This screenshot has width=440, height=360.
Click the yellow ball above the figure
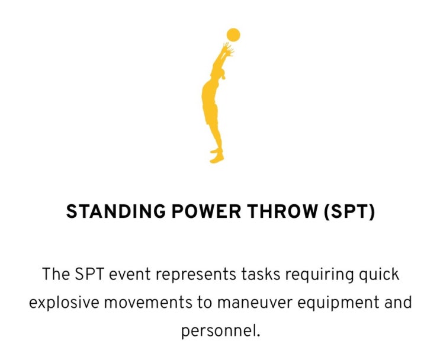pos(233,34)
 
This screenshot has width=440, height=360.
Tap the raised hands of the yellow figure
pos(227,50)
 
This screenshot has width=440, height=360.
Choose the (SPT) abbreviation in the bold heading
pos(349,213)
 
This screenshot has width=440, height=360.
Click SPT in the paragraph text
pos(89,275)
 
